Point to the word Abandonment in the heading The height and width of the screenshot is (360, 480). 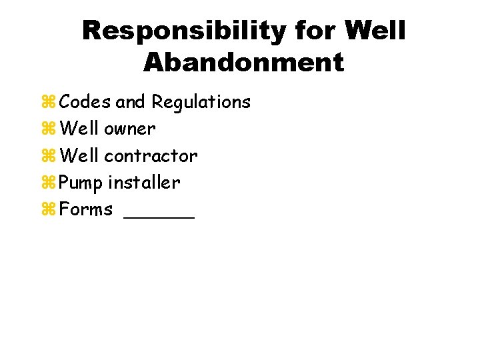(x=243, y=63)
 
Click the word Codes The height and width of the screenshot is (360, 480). (x=85, y=102)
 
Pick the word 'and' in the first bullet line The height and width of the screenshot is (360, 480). (x=131, y=102)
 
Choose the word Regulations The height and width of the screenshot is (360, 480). (x=201, y=102)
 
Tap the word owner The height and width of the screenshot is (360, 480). (x=130, y=129)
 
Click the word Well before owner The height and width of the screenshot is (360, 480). (x=79, y=129)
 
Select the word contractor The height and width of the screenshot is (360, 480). (x=151, y=156)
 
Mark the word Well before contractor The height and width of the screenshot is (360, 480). (x=79, y=156)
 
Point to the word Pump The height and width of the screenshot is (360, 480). (x=81, y=183)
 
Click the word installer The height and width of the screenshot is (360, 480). (x=144, y=183)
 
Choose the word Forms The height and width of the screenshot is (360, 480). (x=86, y=209)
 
